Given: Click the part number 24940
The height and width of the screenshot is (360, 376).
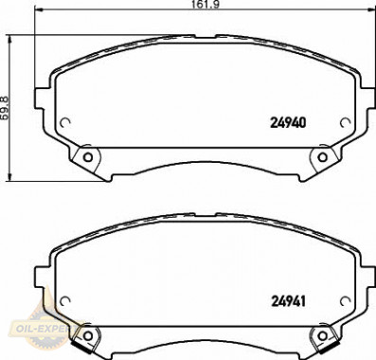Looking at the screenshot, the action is pos(288,123).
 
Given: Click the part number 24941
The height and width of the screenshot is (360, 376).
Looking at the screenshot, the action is pos(289,301).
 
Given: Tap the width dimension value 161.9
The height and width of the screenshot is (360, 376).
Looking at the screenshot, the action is pos(206,4).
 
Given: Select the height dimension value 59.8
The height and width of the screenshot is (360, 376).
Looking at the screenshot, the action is pos(6,108).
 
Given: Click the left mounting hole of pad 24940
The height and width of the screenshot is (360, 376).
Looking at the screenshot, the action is pos(88,157).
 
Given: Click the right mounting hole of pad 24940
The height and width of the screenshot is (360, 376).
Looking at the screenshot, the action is pos(322,157).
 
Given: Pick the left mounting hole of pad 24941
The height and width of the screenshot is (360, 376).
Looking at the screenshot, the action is pos(88,335).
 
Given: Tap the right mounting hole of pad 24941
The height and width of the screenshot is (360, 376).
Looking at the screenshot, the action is pos(322,335).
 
